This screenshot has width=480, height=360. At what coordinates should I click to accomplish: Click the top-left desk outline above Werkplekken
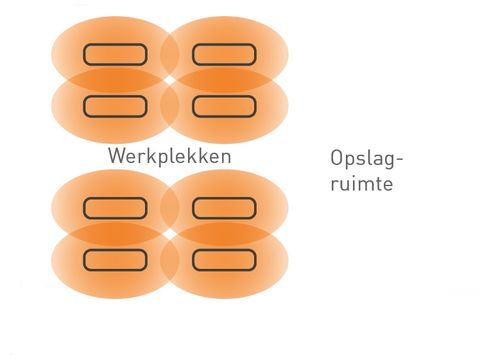115,54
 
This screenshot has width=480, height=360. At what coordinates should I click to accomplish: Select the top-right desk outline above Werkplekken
224,54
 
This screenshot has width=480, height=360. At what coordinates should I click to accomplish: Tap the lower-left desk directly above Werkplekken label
115,105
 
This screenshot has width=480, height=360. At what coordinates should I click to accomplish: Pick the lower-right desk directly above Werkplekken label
224,105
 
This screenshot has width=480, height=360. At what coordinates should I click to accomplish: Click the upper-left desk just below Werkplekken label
115,208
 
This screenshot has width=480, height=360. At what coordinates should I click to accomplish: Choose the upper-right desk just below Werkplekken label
224,208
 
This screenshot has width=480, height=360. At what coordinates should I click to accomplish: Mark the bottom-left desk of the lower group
115,260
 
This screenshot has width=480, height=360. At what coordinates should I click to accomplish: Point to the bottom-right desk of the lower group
224,260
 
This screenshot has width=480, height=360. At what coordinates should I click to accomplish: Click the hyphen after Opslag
405,161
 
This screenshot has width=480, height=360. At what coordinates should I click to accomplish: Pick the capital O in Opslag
337,158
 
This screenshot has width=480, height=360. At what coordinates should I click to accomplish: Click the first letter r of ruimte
333,186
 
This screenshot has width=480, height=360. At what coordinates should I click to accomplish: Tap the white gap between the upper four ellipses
170,80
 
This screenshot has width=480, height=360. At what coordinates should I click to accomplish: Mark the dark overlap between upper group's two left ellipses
110,80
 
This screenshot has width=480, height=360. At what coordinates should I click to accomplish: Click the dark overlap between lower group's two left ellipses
110,234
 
